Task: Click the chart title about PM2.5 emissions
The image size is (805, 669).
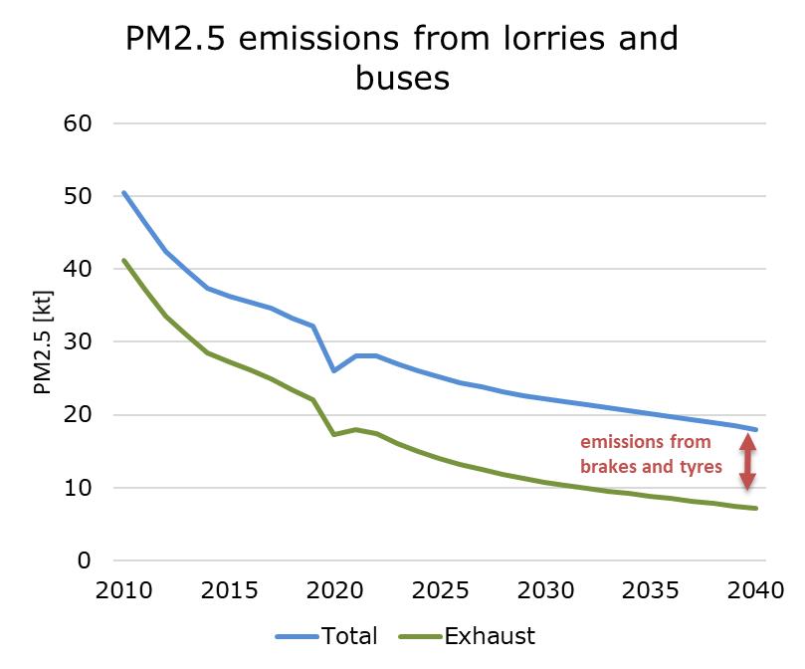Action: [402, 57]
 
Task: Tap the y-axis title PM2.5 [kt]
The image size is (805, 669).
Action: [43, 342]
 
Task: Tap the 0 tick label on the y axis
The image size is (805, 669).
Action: [84, 560]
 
